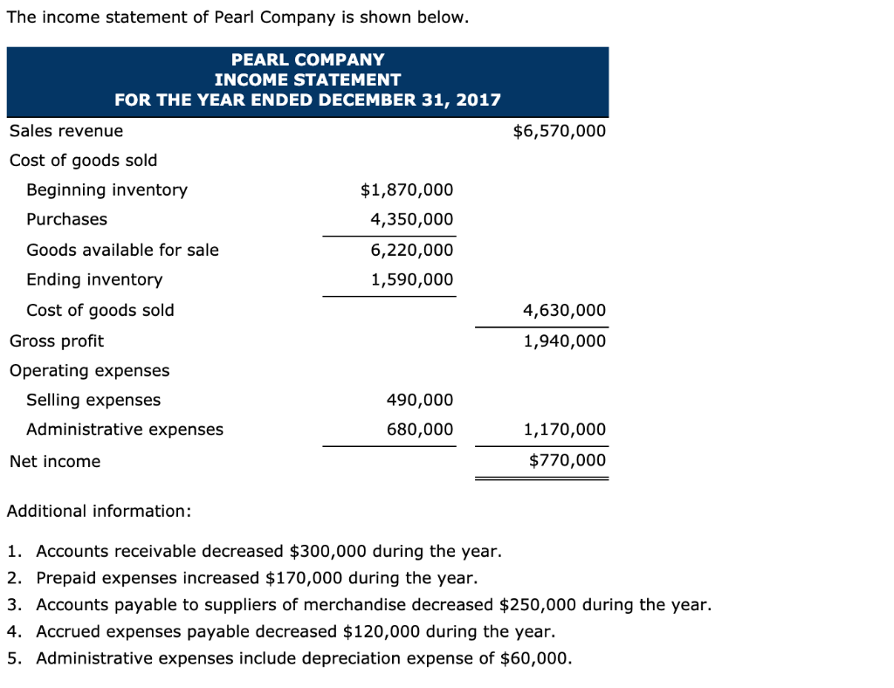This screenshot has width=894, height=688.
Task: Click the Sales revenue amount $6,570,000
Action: tap(559, 132)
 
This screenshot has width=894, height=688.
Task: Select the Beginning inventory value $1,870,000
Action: tap(407, 190)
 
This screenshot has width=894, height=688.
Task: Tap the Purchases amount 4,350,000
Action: tap(412, 220)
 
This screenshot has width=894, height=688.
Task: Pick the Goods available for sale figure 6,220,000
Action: tap(412, 251)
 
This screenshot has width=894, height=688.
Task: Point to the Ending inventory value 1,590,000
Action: tap(412, 280)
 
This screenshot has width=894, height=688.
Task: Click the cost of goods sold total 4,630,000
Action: tap(564, 311)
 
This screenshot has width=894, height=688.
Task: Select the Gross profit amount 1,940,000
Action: tap(564, 341)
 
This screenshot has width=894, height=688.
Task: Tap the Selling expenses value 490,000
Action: tap(420, 401)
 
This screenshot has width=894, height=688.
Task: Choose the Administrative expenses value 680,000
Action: tap(420, 430)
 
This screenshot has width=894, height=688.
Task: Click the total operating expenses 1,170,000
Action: tap(564, 430)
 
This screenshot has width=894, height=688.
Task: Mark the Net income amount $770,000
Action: tap(567, 461)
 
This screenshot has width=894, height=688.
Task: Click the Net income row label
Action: tap(55, 462)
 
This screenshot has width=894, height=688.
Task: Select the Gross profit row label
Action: tap(57, 341)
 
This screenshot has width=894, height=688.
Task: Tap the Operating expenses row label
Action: tap(90, 371)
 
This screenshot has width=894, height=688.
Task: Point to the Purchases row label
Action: tap(67, 220)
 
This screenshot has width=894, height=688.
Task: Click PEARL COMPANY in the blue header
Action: tap(307, 60)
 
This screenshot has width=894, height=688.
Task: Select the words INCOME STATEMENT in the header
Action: tap(307, 79)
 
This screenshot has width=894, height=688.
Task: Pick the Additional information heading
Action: tap(99, 512)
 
